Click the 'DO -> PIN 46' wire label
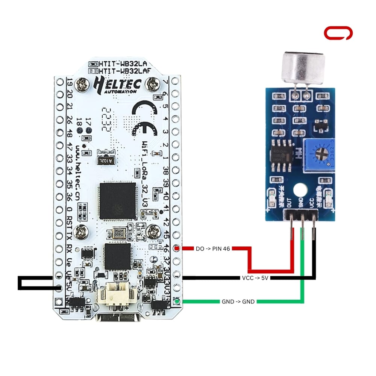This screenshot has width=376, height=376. click(212, 249)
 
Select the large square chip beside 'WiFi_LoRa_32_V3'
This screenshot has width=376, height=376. click(117, 201)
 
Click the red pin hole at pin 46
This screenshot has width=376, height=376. click(178, 249)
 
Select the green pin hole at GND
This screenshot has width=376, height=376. click(178, 301)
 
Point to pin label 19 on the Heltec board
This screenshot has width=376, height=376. click(69, 82)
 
